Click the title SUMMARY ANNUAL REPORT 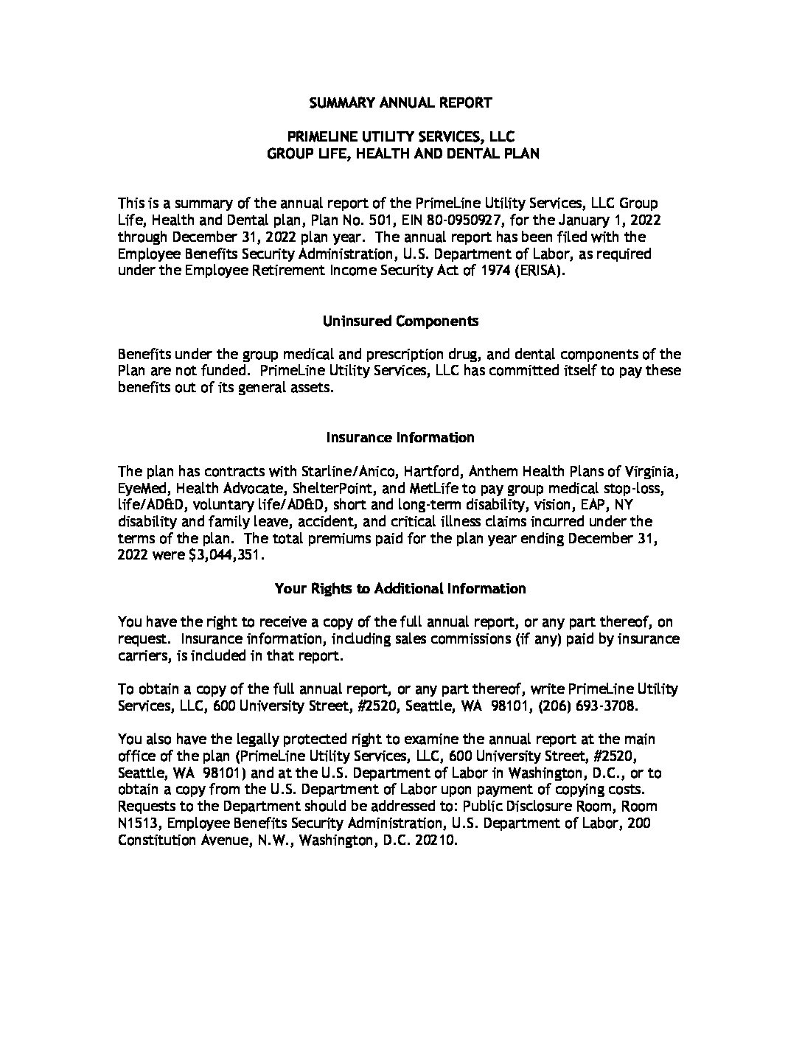[x=400, y=102]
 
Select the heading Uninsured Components [x=400, y=321]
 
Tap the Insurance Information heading [x=400, y=437]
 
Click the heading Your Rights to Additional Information [x=400, y=588]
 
